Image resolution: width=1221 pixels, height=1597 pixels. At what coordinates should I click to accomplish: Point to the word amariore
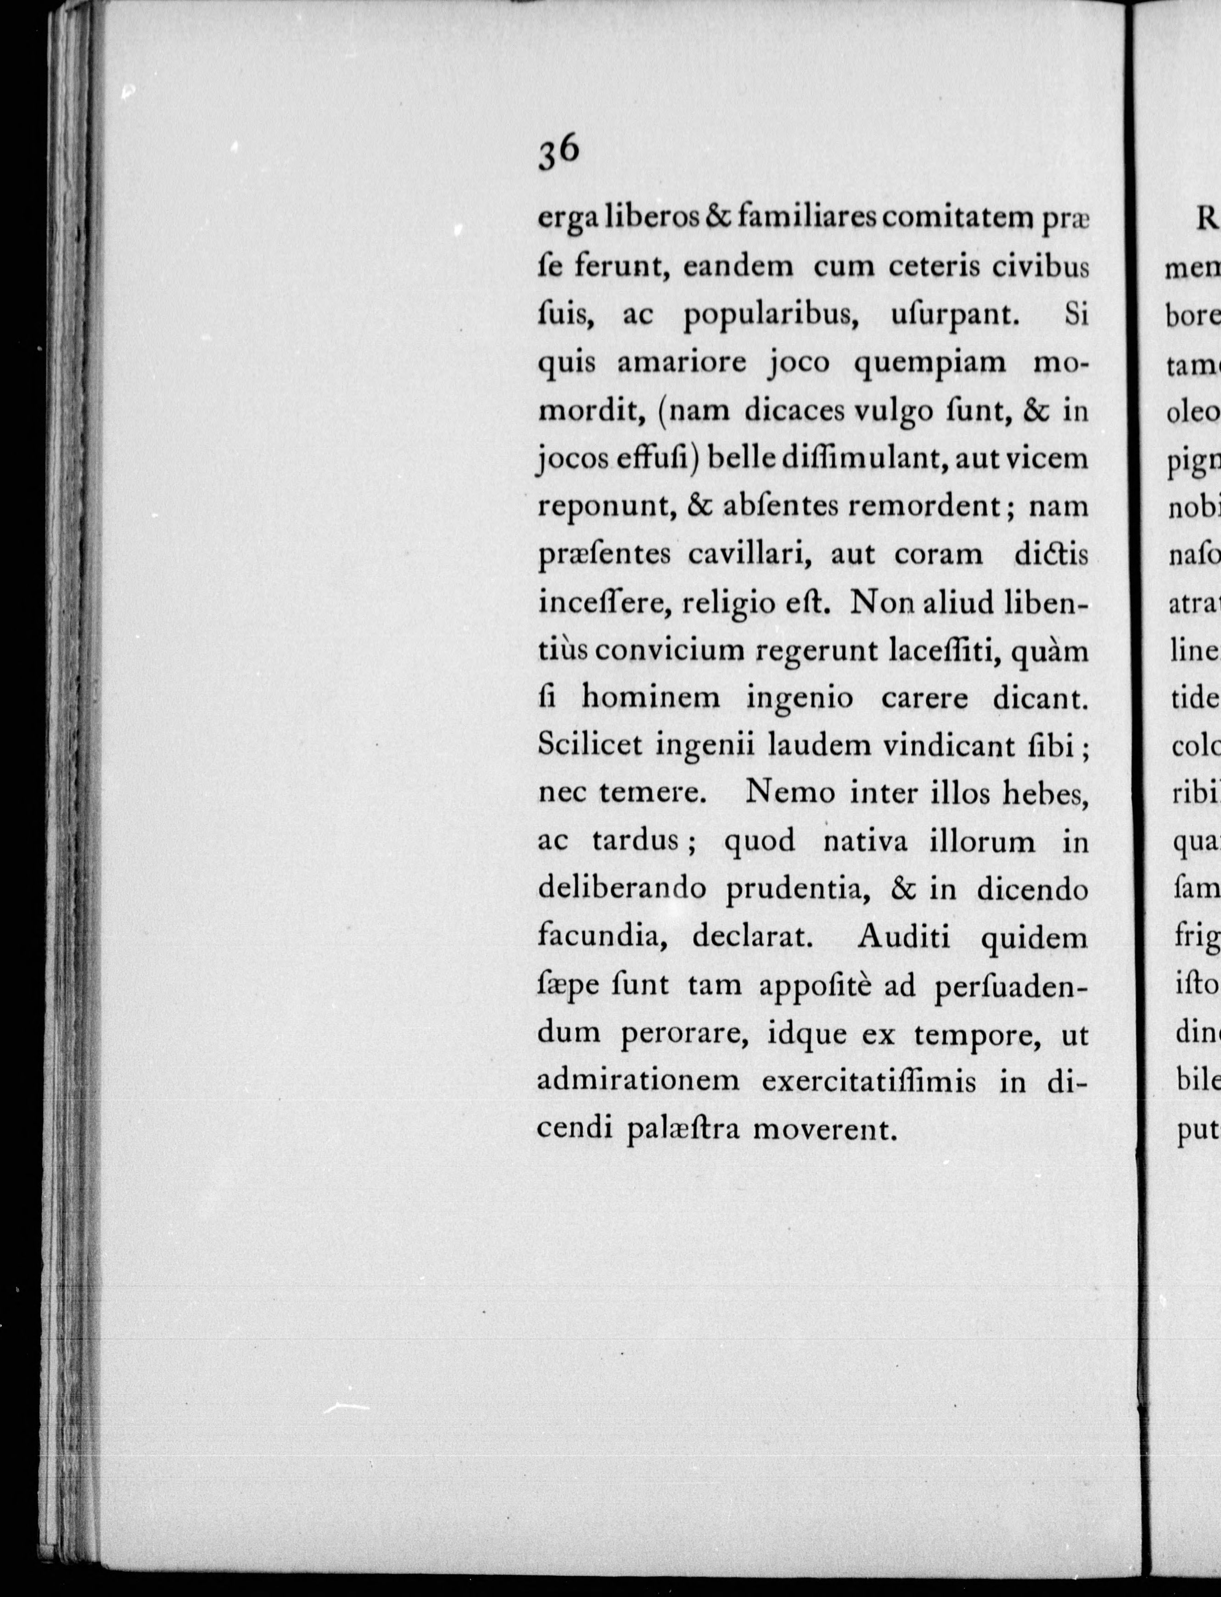(x=682, y=363)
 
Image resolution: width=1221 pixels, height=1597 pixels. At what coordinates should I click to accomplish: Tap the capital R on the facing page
(x=1209, y=219)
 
